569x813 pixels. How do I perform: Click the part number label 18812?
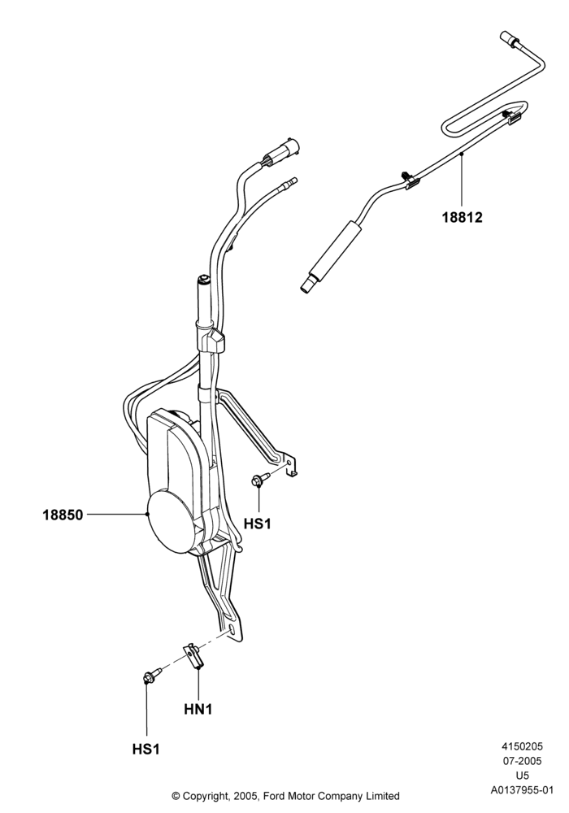click(462, 217)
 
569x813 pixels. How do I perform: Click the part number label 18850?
click(63, 515)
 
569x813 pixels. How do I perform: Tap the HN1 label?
click(198, 709)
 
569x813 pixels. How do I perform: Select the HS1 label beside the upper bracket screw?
click(258, 524)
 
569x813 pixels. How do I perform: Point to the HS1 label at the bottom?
click(146, 750)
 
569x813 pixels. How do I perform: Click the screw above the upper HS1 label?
click(260, 479)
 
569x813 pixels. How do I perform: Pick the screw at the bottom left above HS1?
click(152, 676)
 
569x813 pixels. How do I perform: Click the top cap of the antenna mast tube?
click(203, 280)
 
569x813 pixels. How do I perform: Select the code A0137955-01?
click(522, 791)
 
